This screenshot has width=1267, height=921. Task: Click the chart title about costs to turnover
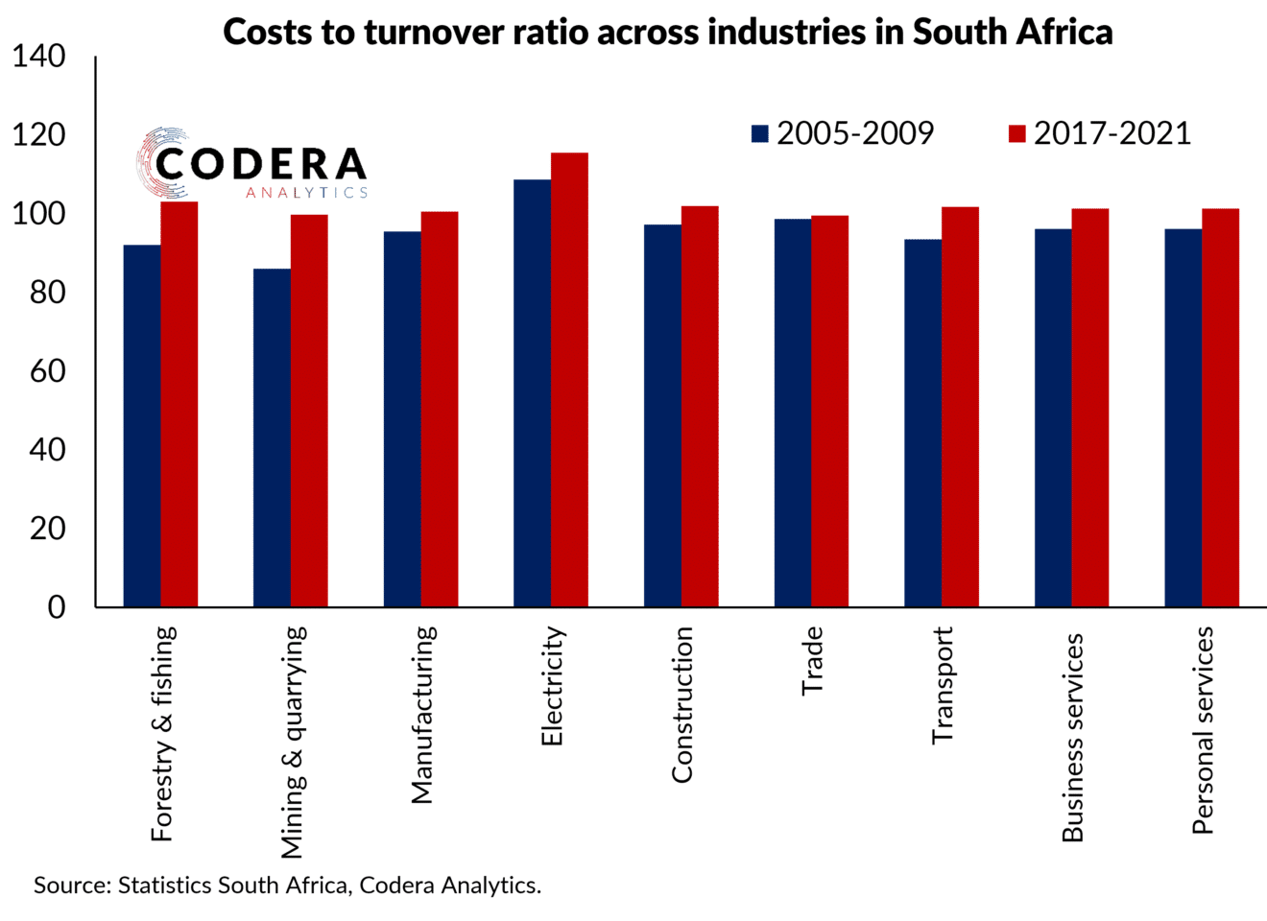coord(667,32)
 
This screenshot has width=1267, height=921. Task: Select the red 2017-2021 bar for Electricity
coord(569,379)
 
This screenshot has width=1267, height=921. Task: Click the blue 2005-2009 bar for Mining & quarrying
coord(272,437)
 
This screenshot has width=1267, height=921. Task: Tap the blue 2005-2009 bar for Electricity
coord(532,392)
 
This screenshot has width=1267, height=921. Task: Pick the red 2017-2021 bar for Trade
coord(830,411)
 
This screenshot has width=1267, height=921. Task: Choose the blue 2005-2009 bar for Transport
coord(922,422)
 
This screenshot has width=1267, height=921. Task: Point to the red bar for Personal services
coord(1220,407)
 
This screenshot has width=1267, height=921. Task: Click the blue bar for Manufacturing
coord(402,418)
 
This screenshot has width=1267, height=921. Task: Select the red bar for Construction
coord(700,406)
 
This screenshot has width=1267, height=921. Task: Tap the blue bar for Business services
coord(1053,417)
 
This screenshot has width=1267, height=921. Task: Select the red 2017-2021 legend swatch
coord(1016,134)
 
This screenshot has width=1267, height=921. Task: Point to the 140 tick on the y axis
coord(39,57)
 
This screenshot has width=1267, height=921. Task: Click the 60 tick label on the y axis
coord(47,371)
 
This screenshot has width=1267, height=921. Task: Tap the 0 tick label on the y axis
coord(57,607)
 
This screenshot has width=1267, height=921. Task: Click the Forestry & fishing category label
coord(163,734)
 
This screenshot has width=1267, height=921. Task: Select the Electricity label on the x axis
coord(552,686)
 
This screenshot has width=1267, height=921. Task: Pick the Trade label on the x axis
coord(813,661)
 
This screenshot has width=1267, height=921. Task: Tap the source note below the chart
coord(287,886)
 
